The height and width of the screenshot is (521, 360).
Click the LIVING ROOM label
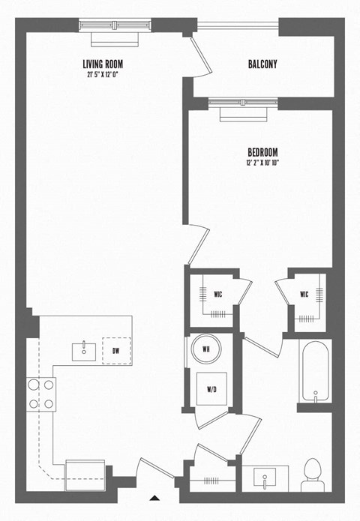[x=103, y=64]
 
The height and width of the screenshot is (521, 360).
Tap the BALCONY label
[x=262, y=64]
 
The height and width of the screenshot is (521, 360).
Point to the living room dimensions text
[x=103, y=74]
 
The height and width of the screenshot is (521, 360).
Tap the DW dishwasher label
[x=116, y=350]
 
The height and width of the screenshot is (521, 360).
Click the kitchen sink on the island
[x=84, y=349]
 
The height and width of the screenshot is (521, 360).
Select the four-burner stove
[x=42, y=394]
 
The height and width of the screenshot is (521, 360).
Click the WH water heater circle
[x=204, y=349]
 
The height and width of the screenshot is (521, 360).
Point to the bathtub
[x=315, y=372]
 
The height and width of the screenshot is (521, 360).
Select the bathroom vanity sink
[x=266, y=475]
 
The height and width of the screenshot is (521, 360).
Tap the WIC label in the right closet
[x=304, y=294]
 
